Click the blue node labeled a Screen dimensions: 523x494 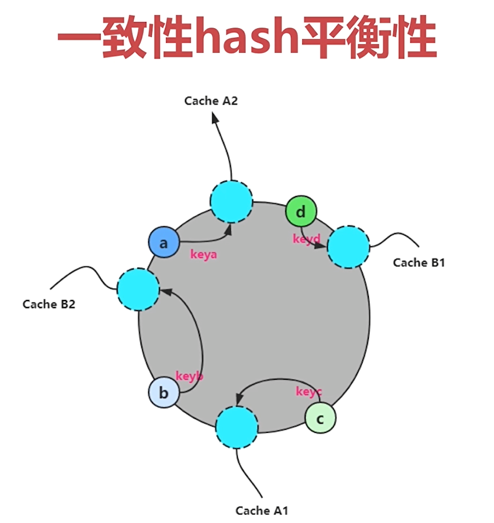[163, 243]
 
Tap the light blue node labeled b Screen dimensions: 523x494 [163, 393]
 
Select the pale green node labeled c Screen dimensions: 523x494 [320, 419]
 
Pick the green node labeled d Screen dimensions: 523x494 [301, 211]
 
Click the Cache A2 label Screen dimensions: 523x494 [211, 101]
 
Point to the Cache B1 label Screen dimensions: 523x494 [419, 263]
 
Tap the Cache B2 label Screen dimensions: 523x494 [49, 305]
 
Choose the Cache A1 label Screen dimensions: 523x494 [261, 510]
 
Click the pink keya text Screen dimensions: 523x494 [204, 254]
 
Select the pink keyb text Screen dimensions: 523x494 [189, 376]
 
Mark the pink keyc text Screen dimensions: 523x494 [309, 392]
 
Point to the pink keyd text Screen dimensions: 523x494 [306, 239]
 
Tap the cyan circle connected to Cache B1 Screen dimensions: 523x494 [348, 247]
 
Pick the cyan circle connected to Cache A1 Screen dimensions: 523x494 [237, 427]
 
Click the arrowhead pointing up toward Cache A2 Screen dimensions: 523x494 [215, 118]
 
